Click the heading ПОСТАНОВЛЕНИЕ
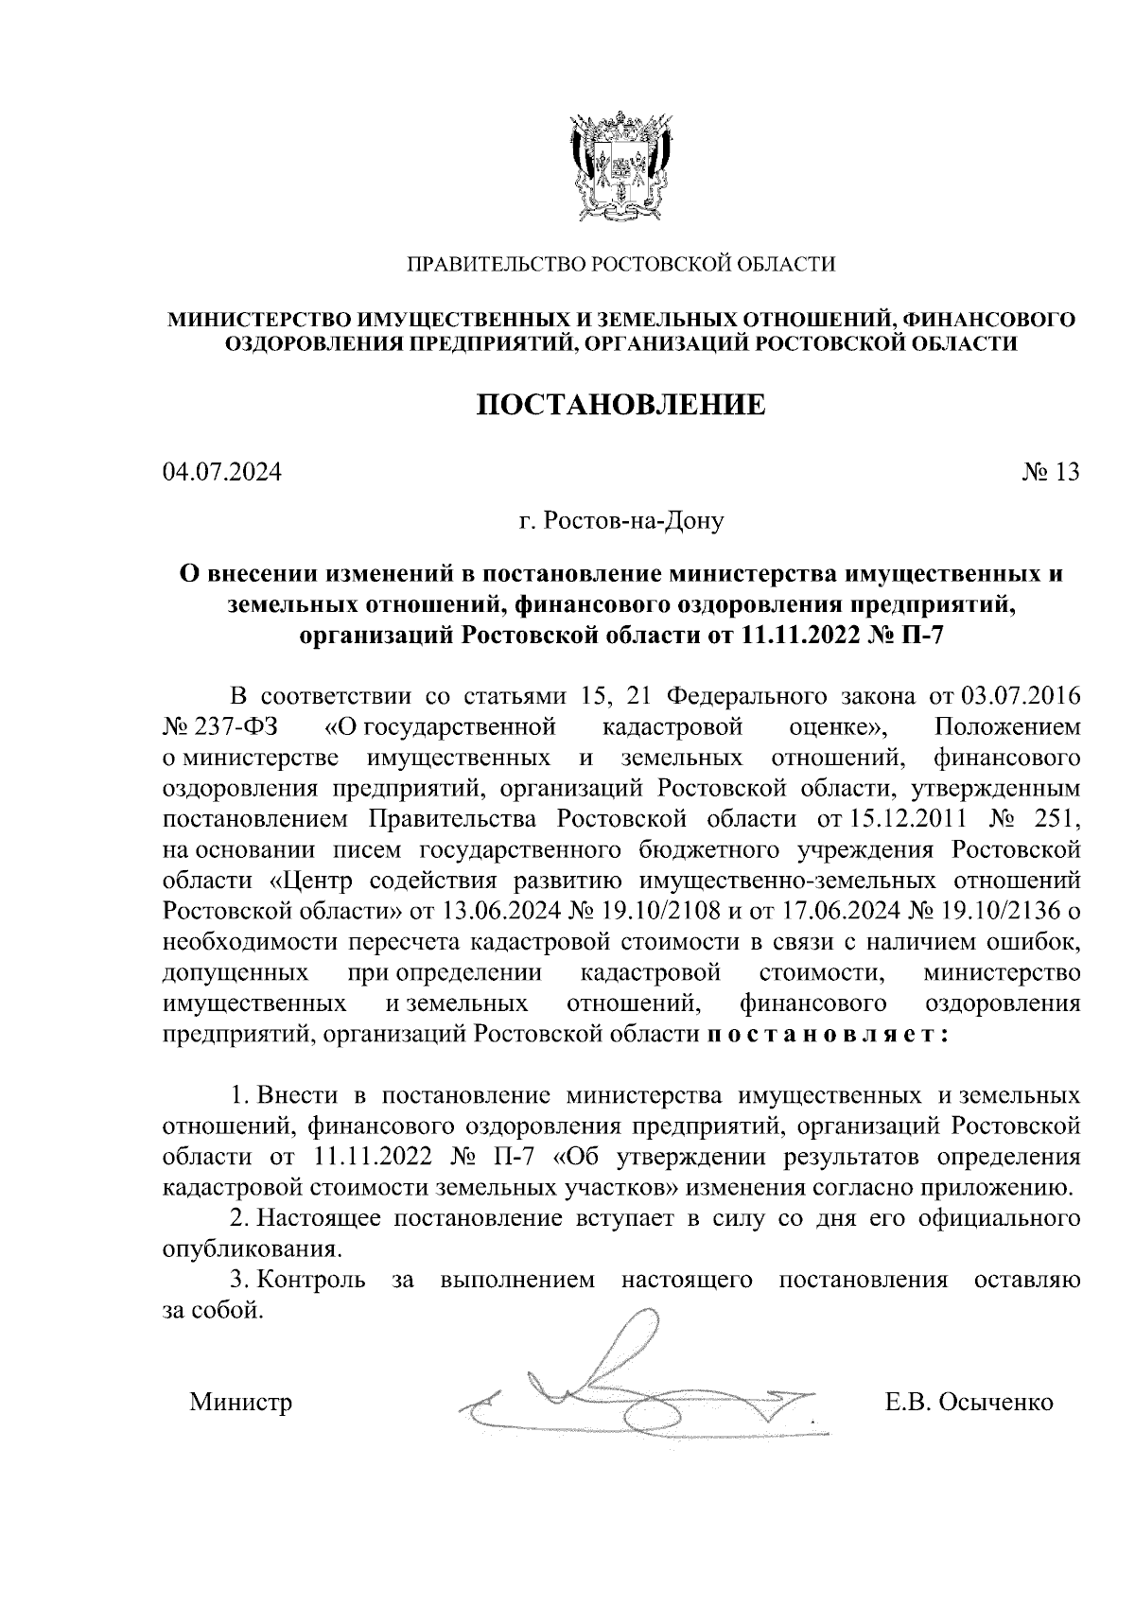[x=620, y=406]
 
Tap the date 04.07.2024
[x=221, y=471]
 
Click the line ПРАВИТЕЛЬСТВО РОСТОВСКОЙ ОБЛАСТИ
[x=620, y=265]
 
